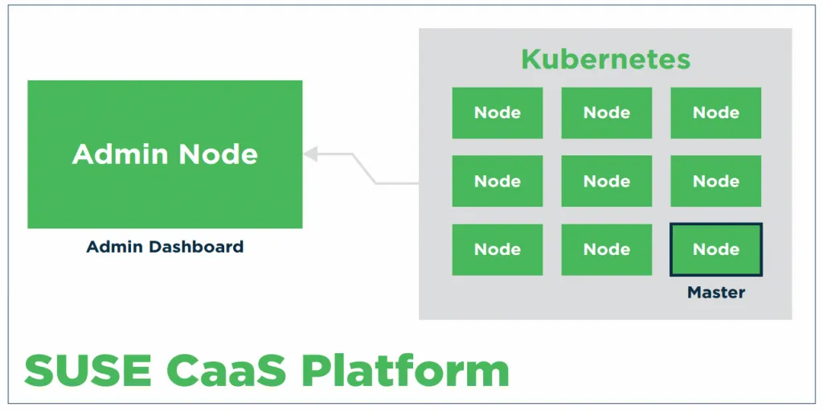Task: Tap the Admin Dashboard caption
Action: [165, 247]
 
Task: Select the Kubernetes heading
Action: [605, 60]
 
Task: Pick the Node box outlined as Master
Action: [715, 249]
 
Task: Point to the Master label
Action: [715, 293]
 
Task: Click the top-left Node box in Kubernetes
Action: [497, 113]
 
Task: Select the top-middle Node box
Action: [606, 113]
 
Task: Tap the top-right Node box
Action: [715, 113]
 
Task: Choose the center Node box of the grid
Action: [606, 181]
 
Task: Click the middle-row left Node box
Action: [497, 181]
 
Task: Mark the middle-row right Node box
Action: [715, 181]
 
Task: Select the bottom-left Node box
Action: [497, 249]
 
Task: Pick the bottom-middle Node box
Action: [606, 249]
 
